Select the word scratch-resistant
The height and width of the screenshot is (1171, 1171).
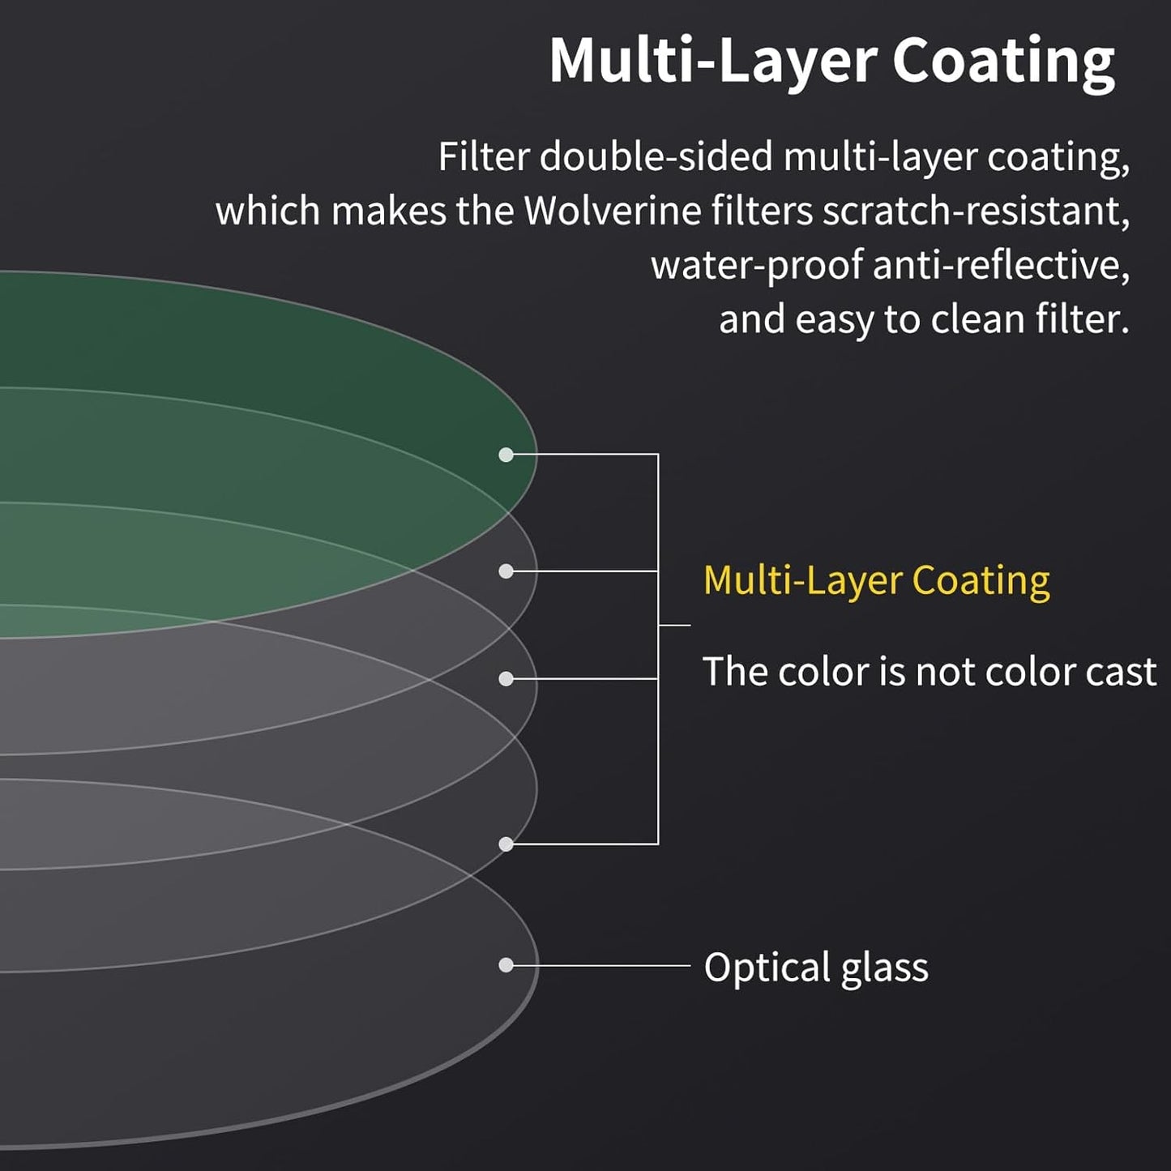coord(975,212)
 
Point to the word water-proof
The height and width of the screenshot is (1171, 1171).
coord(755,266)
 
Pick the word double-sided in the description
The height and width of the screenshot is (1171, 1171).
coord(656,156)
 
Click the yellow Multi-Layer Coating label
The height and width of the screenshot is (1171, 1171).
coord(876,581)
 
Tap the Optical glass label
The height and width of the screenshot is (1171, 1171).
coord(815,968)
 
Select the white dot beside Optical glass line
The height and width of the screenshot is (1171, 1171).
coord(506,965)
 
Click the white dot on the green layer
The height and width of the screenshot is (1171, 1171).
coord(506,455)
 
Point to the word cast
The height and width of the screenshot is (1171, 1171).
coord(1122,672)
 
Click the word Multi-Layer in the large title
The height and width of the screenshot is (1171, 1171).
coord(713,62)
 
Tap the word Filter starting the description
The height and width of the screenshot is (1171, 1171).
coord(483,156)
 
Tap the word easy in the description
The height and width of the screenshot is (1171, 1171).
coord(832,321)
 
